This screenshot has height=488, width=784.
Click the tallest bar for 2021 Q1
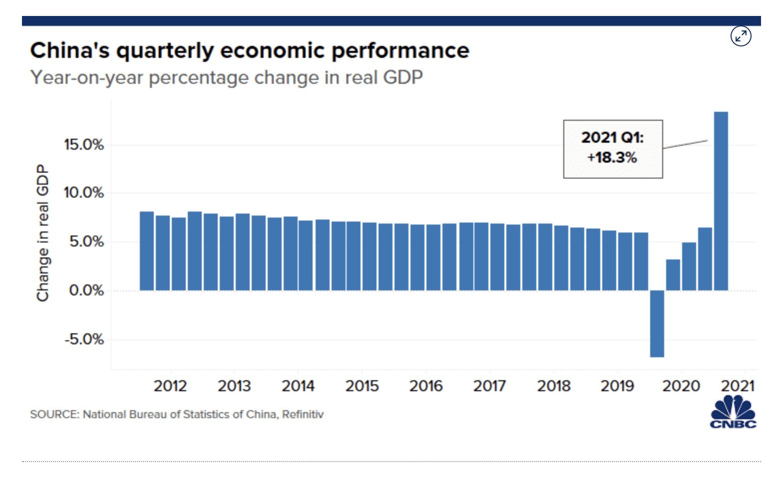click(x=721, y=200)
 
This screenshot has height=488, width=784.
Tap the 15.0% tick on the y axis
click(x=83, y=145)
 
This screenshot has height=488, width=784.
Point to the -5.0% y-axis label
click(x=83, y=339)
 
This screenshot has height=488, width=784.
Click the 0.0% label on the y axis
click(x=86, y=290)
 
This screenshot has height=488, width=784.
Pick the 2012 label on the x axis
click(x=170, y=386)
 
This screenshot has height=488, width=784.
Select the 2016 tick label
click(x=425, y=386)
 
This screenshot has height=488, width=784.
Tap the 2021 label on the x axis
click(x=738, y=386)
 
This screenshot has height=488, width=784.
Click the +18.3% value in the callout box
click(x=612, y=158)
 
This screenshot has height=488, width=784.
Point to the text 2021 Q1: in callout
click(x=612, y=137)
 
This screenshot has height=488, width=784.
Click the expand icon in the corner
click(x=741, y=36)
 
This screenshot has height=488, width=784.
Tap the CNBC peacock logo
click(x=733, y=412)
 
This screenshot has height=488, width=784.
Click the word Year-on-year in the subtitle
click(x=87, y=78)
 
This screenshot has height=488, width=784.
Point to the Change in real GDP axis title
click(x=43, y=233)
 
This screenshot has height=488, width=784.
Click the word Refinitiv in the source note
click(x=303, y=414)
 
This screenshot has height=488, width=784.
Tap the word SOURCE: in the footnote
click(x=54, y=414)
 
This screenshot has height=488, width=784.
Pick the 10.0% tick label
click(x=83, y=193)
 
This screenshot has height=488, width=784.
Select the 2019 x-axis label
click(x=617, y=386)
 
